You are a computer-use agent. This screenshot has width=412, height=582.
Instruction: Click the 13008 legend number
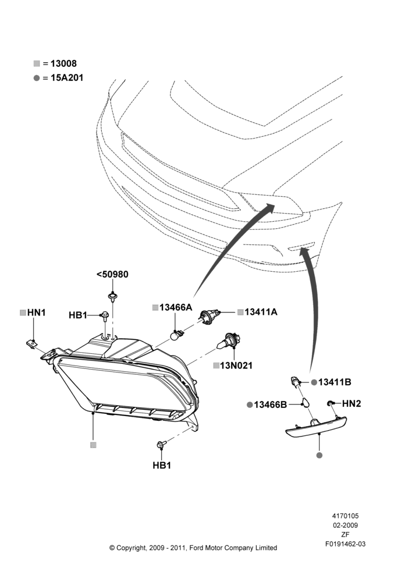click(63, 63)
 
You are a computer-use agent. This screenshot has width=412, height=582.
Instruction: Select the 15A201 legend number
click(67, 77)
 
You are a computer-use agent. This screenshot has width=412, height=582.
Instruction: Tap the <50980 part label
click(112, 274)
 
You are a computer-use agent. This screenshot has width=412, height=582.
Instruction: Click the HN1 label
click(37, 313)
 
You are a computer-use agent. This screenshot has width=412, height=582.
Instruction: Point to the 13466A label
click(176, 307)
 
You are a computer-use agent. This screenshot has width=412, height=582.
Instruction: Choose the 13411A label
click(261, 312)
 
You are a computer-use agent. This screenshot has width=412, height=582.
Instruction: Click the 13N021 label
click(236, 365)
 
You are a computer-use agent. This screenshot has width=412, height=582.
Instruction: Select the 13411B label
click(335, 382)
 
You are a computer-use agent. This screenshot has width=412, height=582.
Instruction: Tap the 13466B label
click(271, 404)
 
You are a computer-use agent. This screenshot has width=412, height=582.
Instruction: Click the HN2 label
click(351, 403)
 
